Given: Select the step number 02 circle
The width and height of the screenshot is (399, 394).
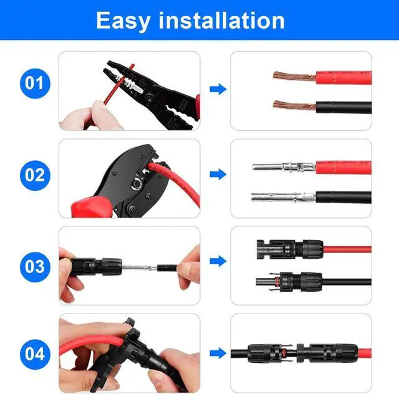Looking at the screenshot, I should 34,174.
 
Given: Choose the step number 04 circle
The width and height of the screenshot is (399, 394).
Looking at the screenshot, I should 34,353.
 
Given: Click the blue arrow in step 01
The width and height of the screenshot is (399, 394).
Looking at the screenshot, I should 218,89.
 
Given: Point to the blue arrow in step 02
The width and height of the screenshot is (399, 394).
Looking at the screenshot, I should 218,175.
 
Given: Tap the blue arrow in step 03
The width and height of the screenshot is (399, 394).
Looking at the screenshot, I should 218,261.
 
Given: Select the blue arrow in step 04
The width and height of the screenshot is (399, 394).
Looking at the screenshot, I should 218,353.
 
